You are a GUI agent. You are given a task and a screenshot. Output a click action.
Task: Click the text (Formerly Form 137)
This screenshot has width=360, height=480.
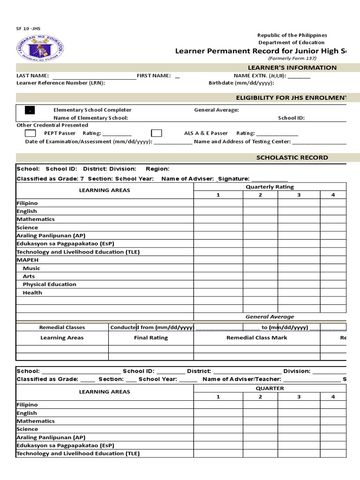tap(292, 58)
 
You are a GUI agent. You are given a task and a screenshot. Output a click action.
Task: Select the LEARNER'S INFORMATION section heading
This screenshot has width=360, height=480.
tap(292, 67)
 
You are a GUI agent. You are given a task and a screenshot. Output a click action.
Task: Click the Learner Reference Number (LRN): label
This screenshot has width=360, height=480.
tap(60, 83)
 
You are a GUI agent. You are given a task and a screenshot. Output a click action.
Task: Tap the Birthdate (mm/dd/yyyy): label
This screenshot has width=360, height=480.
tap(241, 83)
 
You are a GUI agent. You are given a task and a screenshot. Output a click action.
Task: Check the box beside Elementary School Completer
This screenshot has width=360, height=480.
tap(30, 110)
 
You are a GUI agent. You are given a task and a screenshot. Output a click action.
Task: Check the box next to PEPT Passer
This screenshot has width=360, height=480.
tap(30, 133)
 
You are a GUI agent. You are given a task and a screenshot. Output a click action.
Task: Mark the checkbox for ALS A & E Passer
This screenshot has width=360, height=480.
tap(157, 133)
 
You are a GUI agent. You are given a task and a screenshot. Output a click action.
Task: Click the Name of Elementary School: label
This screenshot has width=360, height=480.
tap(90, 118)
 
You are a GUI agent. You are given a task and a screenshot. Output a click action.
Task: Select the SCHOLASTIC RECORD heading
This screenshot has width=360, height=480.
tap(292, 157)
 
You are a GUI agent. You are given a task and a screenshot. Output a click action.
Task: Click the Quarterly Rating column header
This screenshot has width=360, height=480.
tap(270, 187)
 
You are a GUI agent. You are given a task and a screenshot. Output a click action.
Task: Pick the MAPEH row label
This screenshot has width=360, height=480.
tap(28, 260)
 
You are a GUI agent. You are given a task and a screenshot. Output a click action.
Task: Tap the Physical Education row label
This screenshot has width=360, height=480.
tap(49, 285)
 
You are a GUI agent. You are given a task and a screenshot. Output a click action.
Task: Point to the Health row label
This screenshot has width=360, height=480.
tap(32, 292)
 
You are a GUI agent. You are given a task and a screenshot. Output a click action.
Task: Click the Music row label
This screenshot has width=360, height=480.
tap(31, 268)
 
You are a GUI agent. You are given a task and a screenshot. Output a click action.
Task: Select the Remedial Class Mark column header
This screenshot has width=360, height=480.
tap(256, 337)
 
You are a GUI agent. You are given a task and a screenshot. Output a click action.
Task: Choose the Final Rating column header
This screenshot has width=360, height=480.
tap(151, 337)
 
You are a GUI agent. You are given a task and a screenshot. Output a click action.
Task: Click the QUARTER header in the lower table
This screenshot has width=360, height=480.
tap(270, 388)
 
